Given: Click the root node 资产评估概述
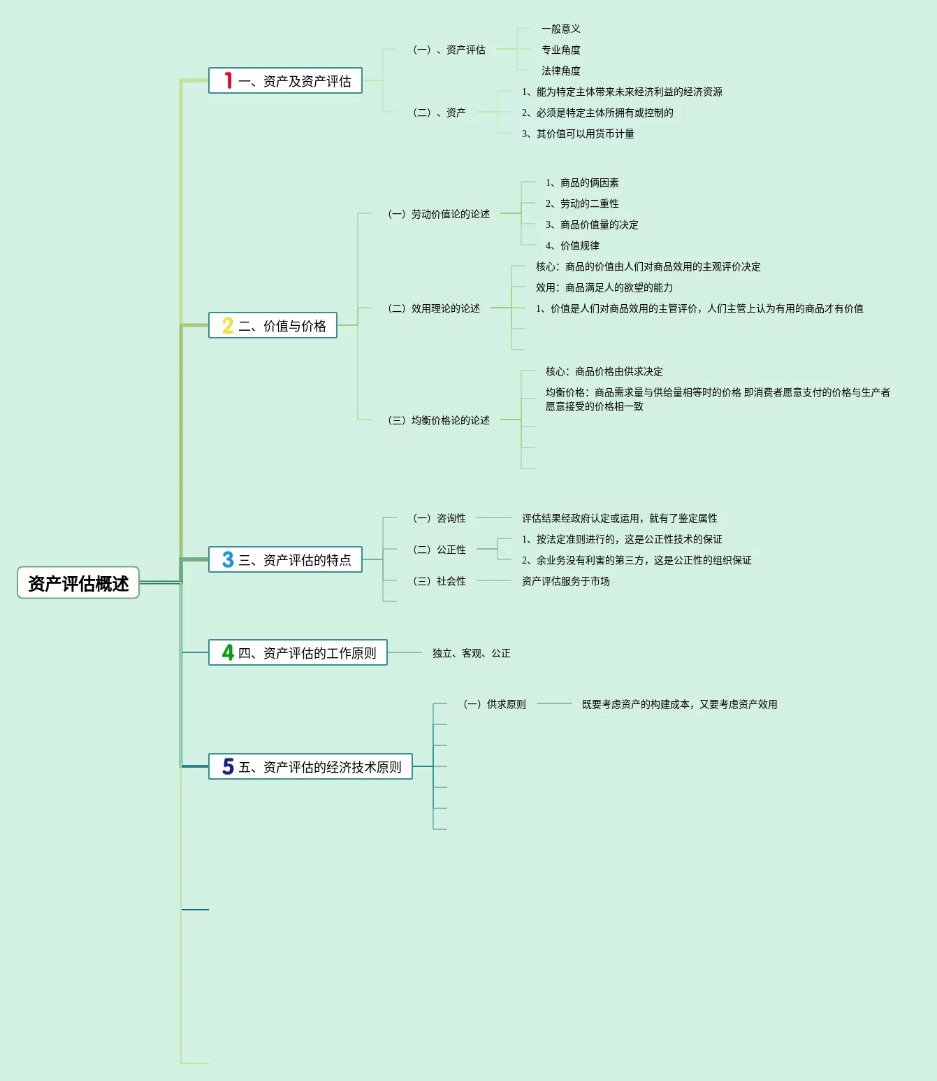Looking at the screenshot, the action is tap(78, 582).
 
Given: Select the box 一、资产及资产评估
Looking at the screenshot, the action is tap(285, 80).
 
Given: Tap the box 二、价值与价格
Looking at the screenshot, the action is tap(273, 325).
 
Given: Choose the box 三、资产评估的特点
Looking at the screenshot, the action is tap(285, 559).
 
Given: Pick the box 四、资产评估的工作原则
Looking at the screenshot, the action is tap(298, 652).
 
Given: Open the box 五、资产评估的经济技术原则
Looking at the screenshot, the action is tap(310, 766).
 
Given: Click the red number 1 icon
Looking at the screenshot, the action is tap(228, 80).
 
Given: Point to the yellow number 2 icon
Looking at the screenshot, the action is tap(228, 325).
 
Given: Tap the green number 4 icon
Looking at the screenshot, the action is tap(228, 652).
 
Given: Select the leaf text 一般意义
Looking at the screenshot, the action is tap(560, 29).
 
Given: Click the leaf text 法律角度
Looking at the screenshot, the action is tap(560, 70).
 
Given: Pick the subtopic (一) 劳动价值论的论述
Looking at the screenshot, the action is tap(439, 213).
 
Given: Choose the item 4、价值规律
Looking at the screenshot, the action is tap(572, 245).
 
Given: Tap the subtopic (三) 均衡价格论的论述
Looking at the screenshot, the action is tap(439, 420).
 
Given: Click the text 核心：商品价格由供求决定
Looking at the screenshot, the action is tap(604, 371).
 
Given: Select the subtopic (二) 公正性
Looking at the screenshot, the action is tap(440, 550).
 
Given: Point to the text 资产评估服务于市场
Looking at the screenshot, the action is tap(565, 580).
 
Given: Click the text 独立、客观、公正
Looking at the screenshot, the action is tap(472, 653).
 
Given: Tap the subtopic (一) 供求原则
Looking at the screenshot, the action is tap(494, 703).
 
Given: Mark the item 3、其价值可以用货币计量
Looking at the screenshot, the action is tap(578, 134).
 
